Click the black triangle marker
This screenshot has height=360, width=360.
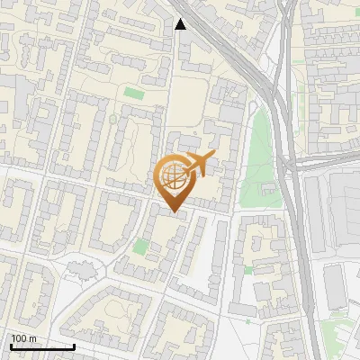click(x=181, y=24)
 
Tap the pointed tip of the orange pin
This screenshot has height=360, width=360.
click(x=175, y=212)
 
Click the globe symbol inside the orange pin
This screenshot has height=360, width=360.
click(x=174, y=176)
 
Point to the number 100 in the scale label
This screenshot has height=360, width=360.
click(x=18, y=338)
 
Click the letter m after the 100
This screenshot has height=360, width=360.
click(x=31, y=338)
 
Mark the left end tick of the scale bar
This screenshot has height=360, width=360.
click(x=11, y=345)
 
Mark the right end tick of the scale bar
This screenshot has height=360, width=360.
click(x=74, y=345)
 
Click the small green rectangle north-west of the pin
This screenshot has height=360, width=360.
click(x=134, y=93)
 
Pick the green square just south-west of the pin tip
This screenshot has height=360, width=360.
click(x=139, y=245)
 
